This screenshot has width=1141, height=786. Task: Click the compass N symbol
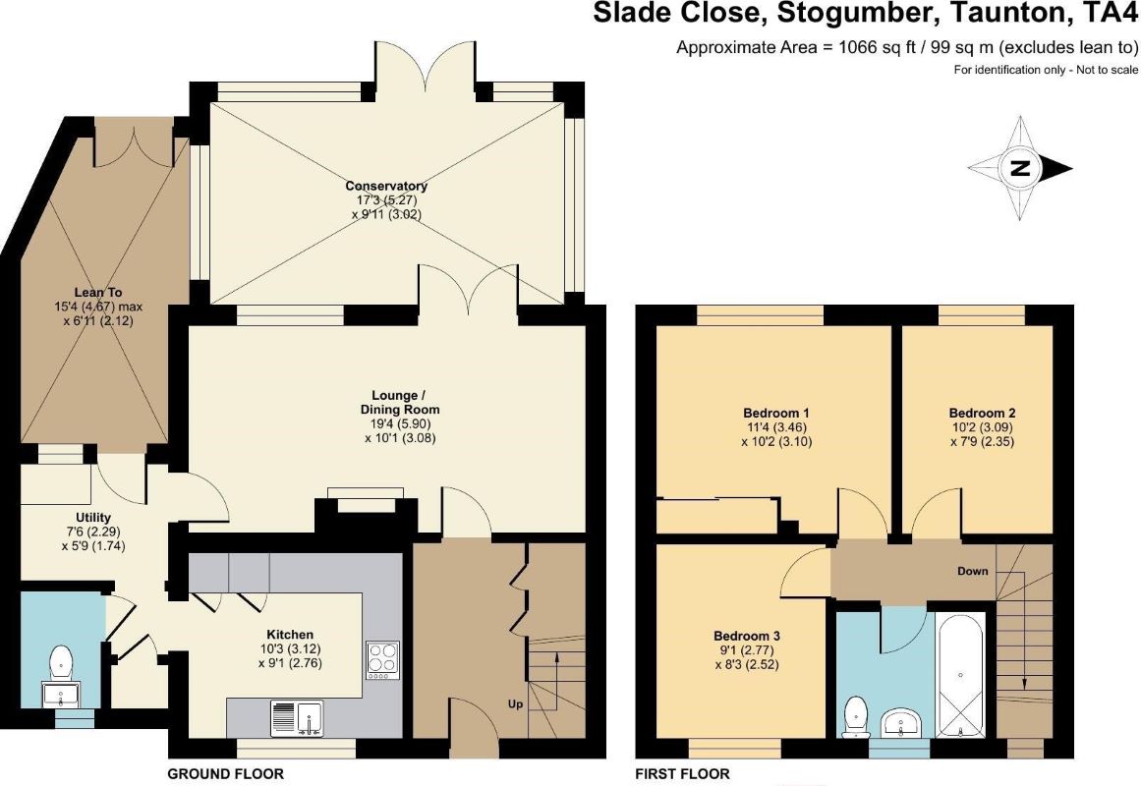point(1020,168)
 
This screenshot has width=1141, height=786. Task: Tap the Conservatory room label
point(386,187)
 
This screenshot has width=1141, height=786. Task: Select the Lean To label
point(98,293)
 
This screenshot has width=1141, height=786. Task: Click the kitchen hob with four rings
point(382,660)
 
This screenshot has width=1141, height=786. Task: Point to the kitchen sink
point(297,717)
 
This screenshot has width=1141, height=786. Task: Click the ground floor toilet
point(61,663)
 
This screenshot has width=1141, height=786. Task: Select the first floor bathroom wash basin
point(901,723)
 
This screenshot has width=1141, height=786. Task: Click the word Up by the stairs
point(515,703)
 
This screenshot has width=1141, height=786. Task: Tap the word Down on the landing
point(973,571)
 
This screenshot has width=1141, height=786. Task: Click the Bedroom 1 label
point(776,414)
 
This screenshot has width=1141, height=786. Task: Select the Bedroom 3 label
point(747,636)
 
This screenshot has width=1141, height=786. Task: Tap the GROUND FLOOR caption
point(226,773)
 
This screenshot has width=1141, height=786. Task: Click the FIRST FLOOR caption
point(683,773)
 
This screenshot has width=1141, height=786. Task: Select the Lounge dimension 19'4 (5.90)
point(400,424)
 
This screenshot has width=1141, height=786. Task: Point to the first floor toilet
point(856,717)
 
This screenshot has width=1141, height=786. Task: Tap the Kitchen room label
point(290,635)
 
